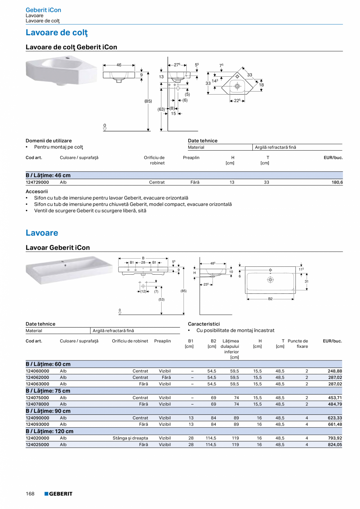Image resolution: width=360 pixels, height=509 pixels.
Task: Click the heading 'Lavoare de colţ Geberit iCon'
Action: coord(71,47)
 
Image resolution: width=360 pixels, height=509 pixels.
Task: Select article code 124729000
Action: coord(37,182)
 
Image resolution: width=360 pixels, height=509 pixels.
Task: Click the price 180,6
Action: coord(337,182)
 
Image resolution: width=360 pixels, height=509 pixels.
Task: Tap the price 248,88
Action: coord(335,371)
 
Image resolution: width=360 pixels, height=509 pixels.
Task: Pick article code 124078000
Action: coord(37,404)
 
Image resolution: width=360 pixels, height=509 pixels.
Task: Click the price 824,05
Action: coord(335,444)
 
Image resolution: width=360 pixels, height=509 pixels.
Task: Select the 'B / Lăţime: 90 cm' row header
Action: coord(48,411)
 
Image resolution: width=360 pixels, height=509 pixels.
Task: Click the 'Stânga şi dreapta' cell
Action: coord(130,438)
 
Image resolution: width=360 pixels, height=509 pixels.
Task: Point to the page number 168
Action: coord(30,494)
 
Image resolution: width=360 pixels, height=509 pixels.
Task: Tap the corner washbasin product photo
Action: coord(60,70)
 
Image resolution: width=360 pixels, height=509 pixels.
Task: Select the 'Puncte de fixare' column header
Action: coord(298,344)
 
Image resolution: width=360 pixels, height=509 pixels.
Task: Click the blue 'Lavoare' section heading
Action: coord(42,233)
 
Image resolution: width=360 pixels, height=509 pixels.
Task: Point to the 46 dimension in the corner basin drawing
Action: coord(119,65)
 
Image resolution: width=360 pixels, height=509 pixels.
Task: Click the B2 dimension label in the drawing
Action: coord(270,299)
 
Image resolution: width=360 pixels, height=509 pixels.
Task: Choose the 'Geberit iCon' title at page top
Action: coord(43,10)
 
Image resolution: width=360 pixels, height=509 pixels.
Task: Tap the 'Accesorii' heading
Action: coord(37,191)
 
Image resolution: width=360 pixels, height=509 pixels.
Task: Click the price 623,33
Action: coord(335,418)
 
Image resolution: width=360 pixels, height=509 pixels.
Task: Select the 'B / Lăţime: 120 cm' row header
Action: coord(49,431)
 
